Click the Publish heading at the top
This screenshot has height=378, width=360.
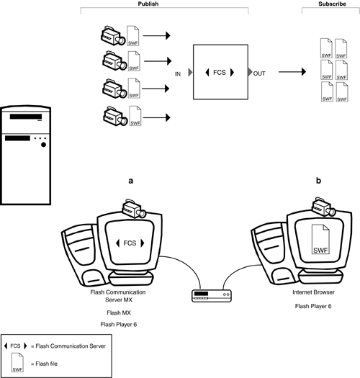tap(148, 4)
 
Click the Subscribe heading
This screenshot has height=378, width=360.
tap(332, 4)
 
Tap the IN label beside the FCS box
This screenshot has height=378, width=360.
tap(178, 74)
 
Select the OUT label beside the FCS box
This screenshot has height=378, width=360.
tap(259, 73)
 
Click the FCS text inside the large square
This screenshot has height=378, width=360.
tap(220, 72)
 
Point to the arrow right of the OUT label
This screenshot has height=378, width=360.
tap(292, 71)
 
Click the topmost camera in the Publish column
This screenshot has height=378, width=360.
tap(113, 36)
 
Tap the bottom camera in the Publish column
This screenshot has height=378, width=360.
tap(115, 116)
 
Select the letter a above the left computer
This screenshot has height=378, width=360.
tap(131, 181)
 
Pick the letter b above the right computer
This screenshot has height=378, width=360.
tap(318, 180)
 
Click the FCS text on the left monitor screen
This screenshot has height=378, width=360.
tap(130, 243)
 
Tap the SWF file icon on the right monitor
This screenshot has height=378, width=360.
tap(320, 239)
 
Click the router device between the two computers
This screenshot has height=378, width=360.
tap(212, 296)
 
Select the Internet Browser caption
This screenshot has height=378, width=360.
tap(313, 292)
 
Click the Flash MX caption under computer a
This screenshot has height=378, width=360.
tap(119, 312)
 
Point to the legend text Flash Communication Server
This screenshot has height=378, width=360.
tap(71, 346)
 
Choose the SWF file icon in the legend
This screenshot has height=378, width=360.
tap(17, 362)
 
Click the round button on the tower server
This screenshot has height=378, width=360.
tap(43, 145)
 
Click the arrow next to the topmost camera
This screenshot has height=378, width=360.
tap(157, 35)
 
